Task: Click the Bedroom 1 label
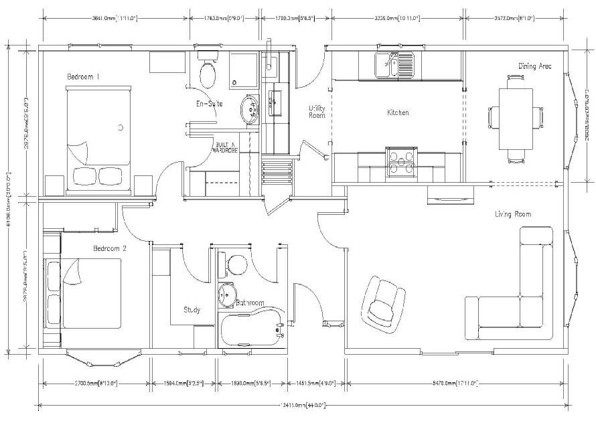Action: pyautogui.click(x=83, y=78)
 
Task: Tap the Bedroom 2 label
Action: pyautogui.click(x=110, y=249)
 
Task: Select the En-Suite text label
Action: pyautogui.click(x=209, y=104)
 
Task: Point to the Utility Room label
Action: pyautogui.click(x=317, y=112)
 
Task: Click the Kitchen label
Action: pyautogui.click(x=397, y=113)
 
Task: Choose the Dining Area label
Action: pyautogui.click(x=534, y=66)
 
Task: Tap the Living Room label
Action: pyautogui.click(x=513, y=214)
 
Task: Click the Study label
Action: pyautogui.click(x=192, y=310)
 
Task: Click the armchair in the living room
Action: pyautogui.click(x=384, y=302)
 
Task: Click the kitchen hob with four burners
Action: pyautogui.click(x=400, y=161)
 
